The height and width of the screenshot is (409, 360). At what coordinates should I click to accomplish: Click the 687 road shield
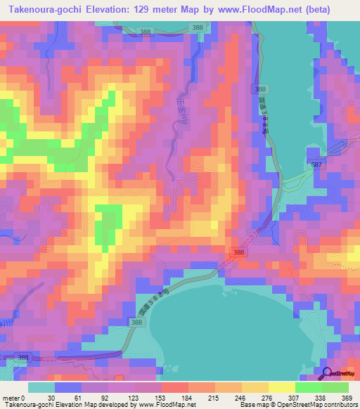point(317,164)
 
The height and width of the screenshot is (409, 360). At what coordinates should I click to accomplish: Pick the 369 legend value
point(348,397)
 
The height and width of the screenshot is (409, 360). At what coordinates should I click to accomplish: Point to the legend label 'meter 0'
point(13,397)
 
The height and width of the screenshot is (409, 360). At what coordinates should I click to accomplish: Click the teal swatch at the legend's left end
point(41,387)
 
